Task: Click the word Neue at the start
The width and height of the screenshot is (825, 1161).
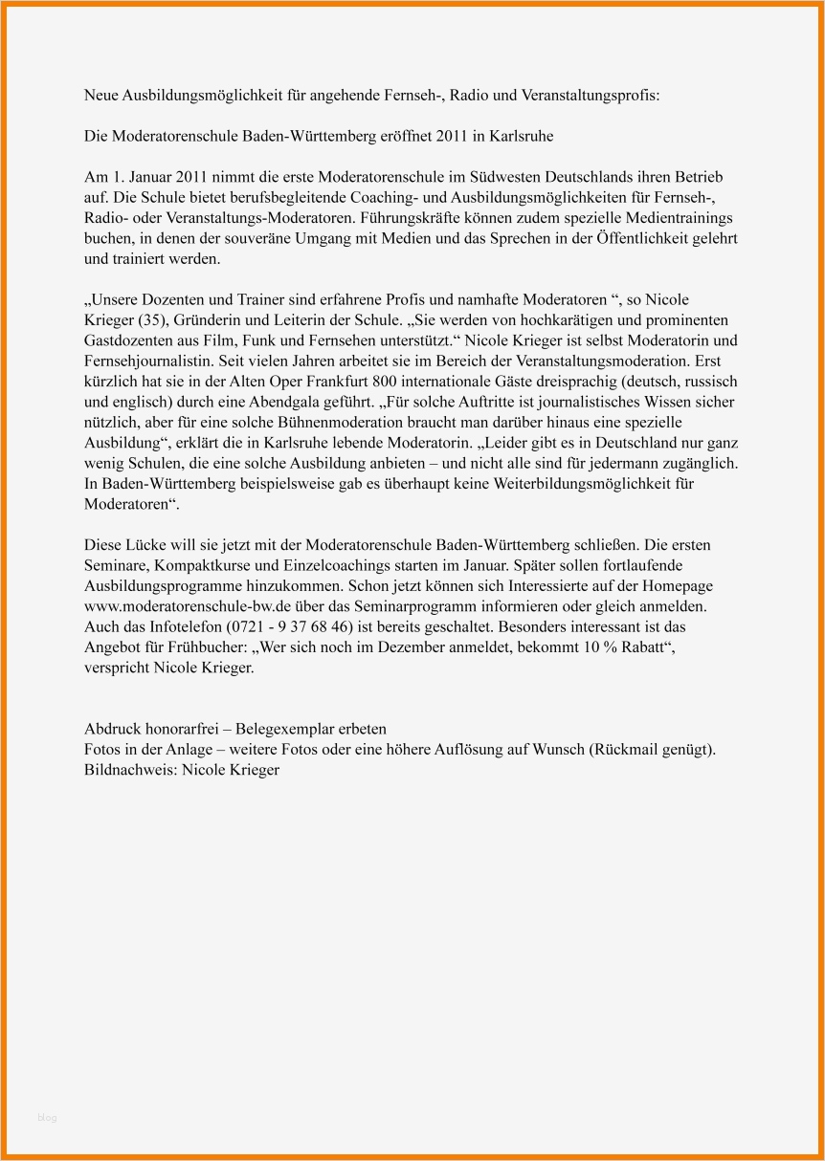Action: tap(100, 97)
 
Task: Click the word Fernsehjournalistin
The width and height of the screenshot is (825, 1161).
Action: tap(147, 361)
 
